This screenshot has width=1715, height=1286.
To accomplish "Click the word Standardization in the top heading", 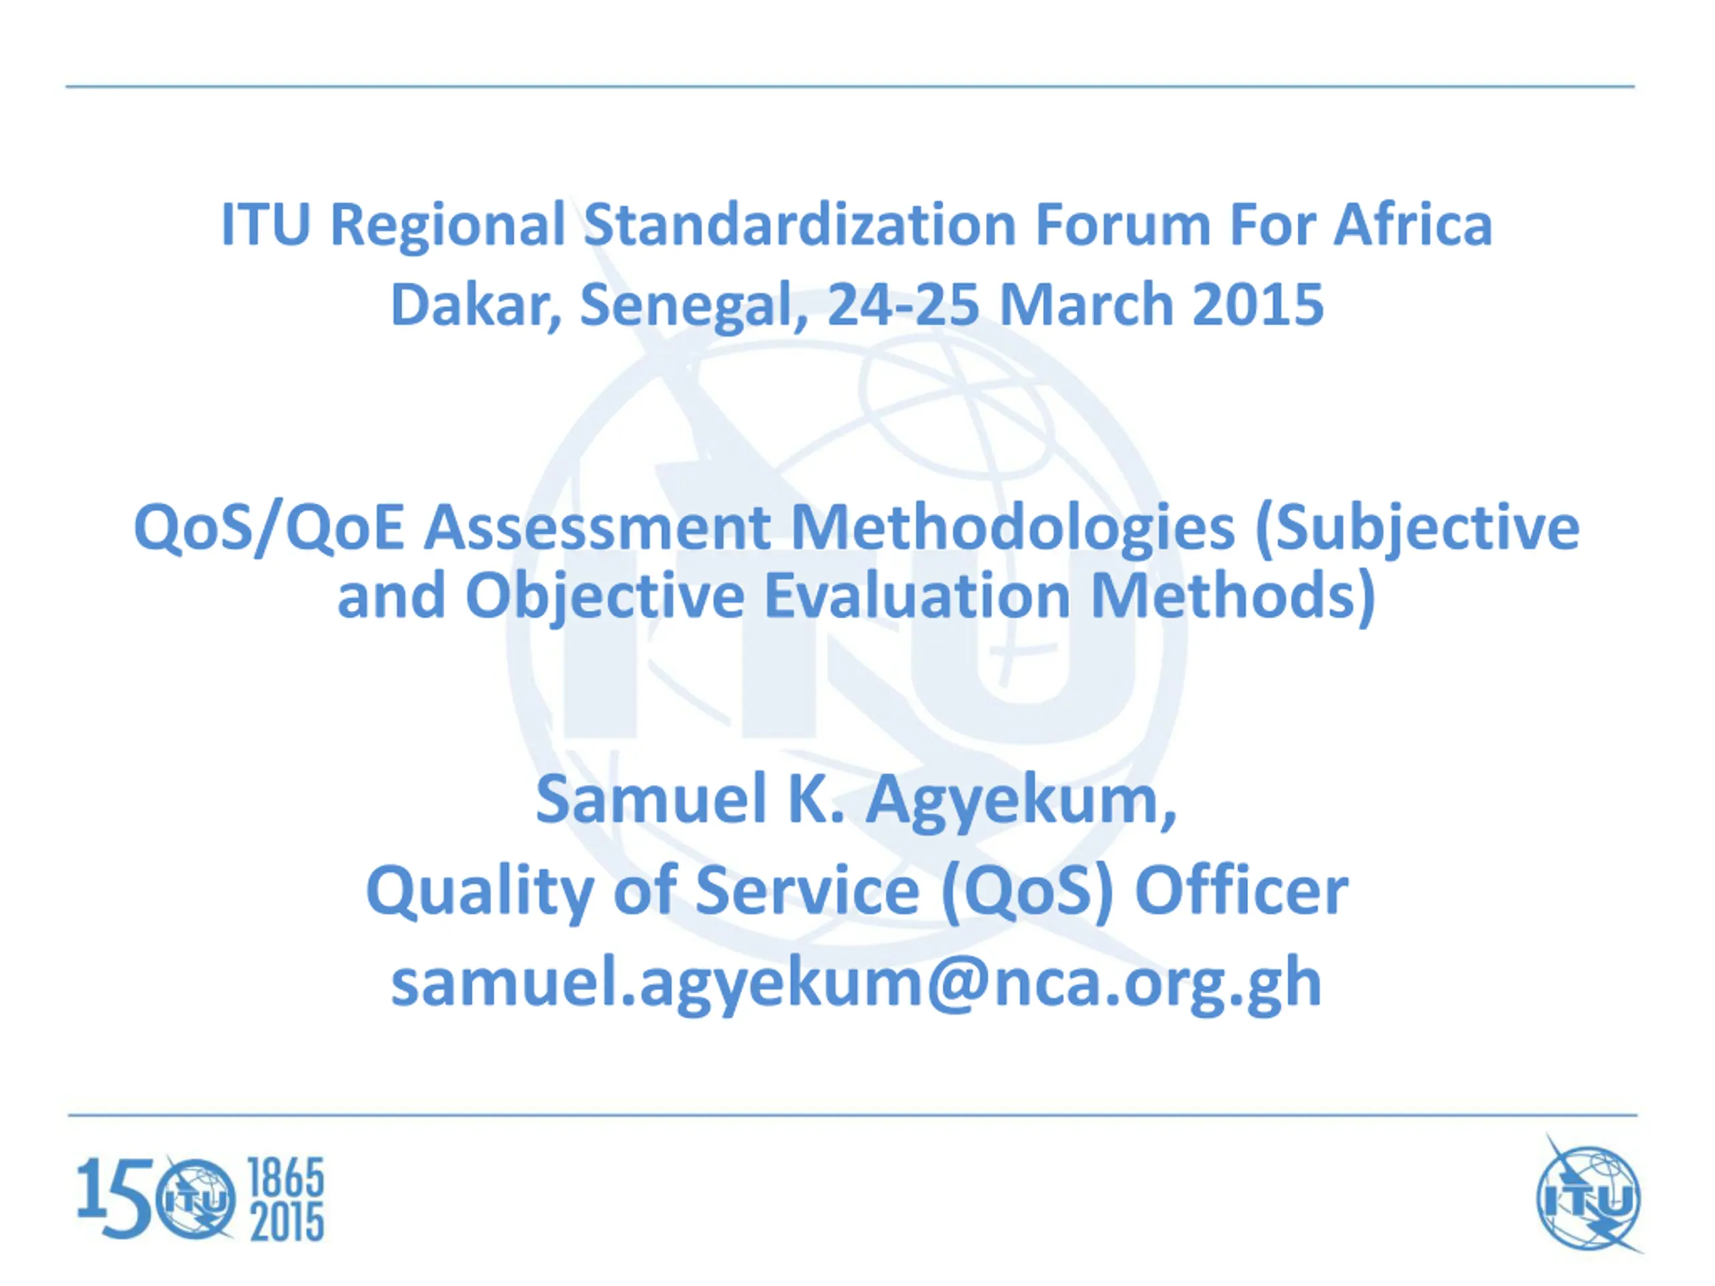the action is [x=799, y=224].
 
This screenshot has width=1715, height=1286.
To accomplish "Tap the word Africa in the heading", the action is [x=1413, y=224].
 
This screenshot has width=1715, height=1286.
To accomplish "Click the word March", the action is [x=1086, y=305].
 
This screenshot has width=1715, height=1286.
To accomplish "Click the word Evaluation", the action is [x=917, y=596].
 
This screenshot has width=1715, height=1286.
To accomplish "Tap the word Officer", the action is [x=1241, y=891].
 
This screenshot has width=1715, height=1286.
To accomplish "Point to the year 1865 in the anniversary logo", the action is [x=285, y=1178].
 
